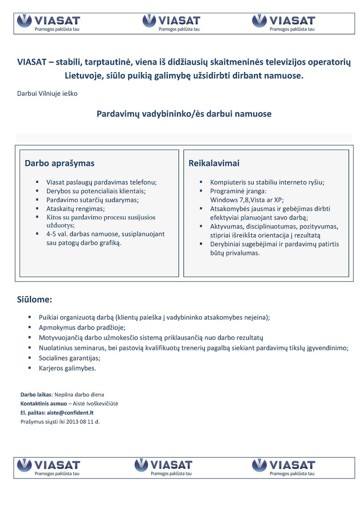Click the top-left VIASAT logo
pos(48,23)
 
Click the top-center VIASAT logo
pos(171,23)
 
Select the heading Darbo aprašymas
pos(59,163)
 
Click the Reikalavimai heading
pos(214,163)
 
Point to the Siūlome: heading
pos(35,299)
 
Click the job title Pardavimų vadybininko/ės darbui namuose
pos(184,114)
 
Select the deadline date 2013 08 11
pos(79,421)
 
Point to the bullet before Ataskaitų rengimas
pos(37,209)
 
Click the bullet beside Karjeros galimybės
pos(30,368)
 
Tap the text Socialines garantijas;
pos(70,358)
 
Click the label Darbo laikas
pos(36,395)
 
